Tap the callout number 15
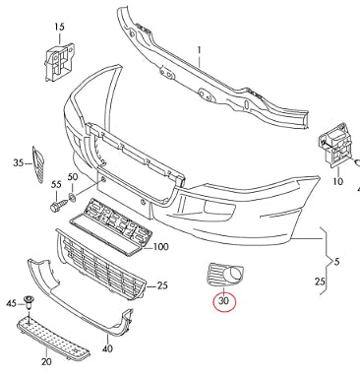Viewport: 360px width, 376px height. [59, 26]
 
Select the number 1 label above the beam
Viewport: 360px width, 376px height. [197, 47]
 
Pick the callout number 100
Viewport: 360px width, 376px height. [161, 246]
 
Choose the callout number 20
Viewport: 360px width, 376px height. [46, 362]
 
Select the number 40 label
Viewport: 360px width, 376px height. [107, 347]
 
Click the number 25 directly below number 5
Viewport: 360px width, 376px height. [321, 282]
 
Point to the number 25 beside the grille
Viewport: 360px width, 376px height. [163, 285]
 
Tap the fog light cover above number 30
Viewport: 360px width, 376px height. [218, 275]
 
